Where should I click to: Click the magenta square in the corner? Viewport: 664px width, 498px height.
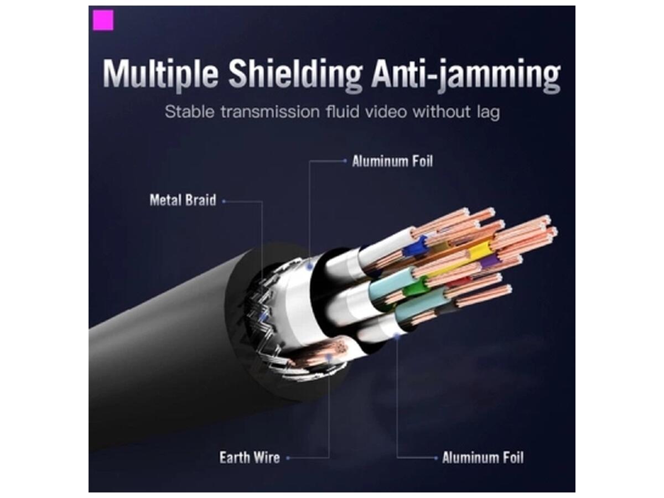pos(103,20)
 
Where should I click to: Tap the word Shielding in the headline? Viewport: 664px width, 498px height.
pos(296,75)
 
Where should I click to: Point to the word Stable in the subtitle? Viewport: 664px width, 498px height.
pos(190,112)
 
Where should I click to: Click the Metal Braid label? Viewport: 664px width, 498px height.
pos(183,200)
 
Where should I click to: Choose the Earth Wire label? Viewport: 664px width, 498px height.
pos(250,458)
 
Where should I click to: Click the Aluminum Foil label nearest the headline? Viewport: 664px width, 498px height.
pos(392,162)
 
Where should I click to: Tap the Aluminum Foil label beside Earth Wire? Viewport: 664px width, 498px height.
pos(483,458)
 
